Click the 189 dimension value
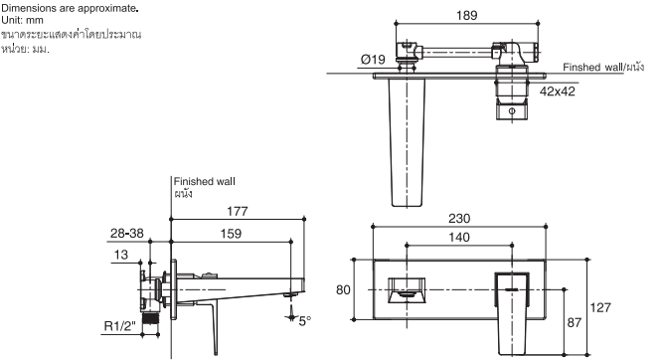tap(466, 15)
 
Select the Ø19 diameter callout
tap(373, 60)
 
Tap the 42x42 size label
tap(558, 91)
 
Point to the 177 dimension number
tap(238, 211)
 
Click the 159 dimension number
tap(231, 234)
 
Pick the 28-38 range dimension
tap(126, 233)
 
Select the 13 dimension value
tap(120, 255)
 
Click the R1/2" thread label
tap(120, 326)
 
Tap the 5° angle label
tap(304, 321)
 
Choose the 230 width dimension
tap(459, 218)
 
